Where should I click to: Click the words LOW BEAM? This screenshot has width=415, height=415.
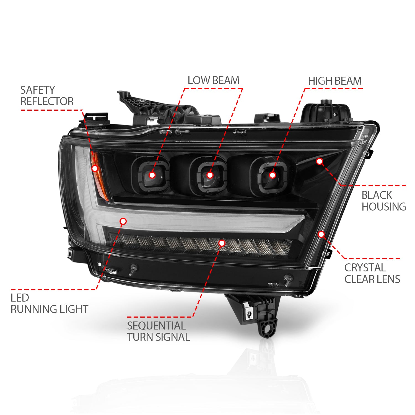(213, 81)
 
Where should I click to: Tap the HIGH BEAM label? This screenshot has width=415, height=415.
(335, 81)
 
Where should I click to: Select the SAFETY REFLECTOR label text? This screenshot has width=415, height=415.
(47, 96)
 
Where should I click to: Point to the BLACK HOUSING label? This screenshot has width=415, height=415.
(384, 201)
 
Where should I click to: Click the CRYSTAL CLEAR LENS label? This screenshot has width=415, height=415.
(372, 273)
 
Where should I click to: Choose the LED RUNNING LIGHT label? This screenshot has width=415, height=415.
(49, 304)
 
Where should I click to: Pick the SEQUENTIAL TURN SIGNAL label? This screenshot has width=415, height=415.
(158, 331)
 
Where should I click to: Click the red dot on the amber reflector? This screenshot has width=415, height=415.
(95, 168)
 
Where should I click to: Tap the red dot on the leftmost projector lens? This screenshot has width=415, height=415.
(152, 175)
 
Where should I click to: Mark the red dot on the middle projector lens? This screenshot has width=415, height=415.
(210, 175)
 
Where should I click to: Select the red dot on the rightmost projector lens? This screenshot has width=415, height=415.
(273, 175)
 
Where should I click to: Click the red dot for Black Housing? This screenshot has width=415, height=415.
(320, 161)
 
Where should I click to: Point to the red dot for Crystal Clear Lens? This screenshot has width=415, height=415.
(321, 234)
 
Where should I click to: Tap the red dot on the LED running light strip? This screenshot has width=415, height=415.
(123, 221)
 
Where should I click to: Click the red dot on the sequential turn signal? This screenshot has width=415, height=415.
(222, 243)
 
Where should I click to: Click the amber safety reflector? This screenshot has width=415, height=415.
(99, 176)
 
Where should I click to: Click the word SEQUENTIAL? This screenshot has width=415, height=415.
(156, 326)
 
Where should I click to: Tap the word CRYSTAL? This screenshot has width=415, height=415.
(365, 268)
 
